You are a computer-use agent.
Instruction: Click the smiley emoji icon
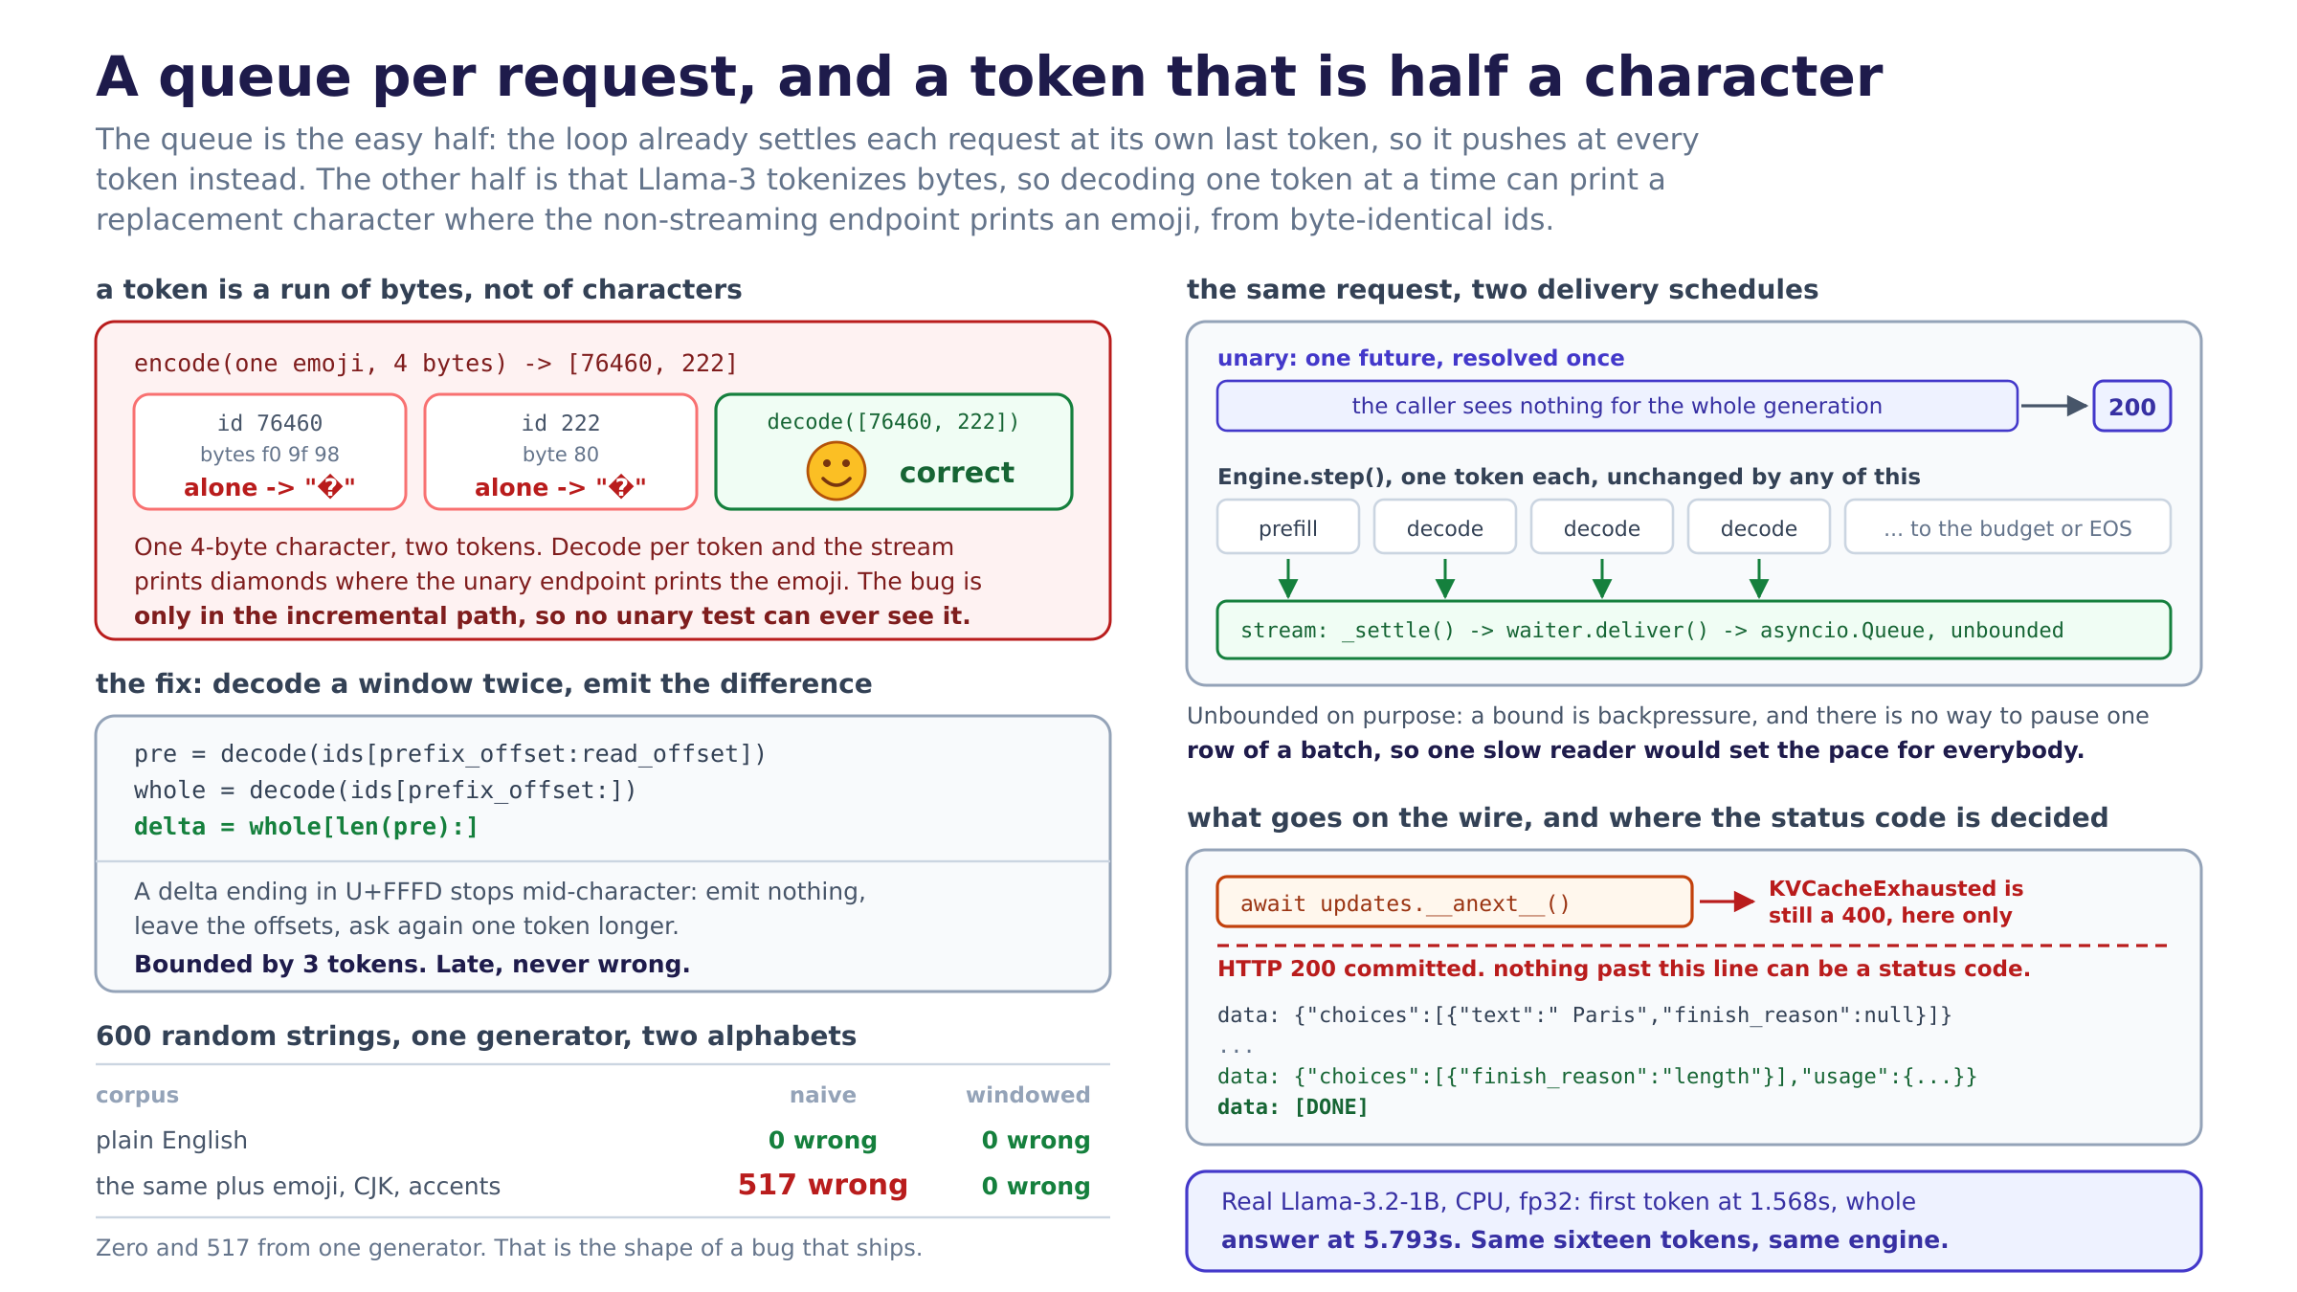pyautogui.click(x=836, y=471)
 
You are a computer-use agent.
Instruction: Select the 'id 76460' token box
pyautogui.click(x=270, y=452)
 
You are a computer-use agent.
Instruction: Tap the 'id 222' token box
pyautogui.click(x=561, y=452)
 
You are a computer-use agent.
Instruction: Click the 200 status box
pyautogui.click(x=2131, y=406)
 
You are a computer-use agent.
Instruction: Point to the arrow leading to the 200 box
pyautogui.click(x=2054, y=406)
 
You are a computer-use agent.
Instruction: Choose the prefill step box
pyautogui.click(x=1288, y=526)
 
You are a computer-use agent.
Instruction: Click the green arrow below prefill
pyautogui.click(x=1288, y=579)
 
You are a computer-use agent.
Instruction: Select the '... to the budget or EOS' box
pyautogui.click(x=2007, y=526)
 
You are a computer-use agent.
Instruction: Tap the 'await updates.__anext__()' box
pyautogui.click(x=1455, y=902)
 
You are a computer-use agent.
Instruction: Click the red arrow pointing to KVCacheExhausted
pyautogui.click(x=1728, y=902)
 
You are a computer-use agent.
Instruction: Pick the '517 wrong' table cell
pyautogui.click(x=822, y=1185)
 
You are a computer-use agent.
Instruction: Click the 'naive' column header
pyautogui.click(x=822, y=1095)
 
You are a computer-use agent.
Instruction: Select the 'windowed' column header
pyautogui.click(x=1028, y=1095)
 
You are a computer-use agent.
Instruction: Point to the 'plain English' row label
pyautogui.click(x=171, y=1140)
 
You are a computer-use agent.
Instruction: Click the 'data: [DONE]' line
pyautogui.click(x=1293, y=1107)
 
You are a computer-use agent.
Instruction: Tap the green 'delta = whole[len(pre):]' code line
pyautogui.click(x=306, y=827)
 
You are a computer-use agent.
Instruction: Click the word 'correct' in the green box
pyautogui.click(x=956, y=472)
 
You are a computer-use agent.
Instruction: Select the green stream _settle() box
pyautogui.click(x=1694, y=630)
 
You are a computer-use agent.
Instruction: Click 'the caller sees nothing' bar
pyautogui.click(x=1617, y=406)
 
